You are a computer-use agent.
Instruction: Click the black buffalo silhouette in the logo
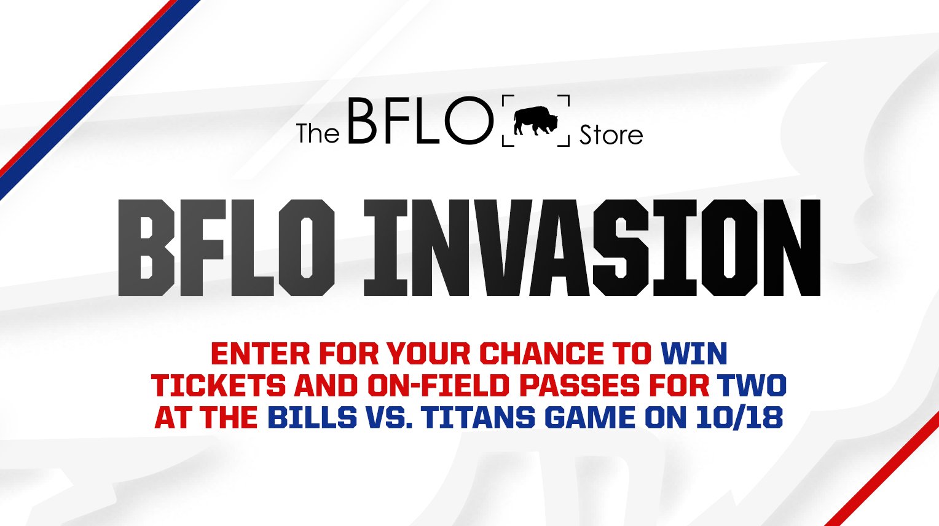536,120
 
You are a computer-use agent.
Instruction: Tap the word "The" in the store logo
318,133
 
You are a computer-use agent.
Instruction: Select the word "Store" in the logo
611,135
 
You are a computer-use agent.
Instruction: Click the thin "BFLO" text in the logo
420,120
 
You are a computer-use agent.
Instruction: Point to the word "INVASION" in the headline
592,248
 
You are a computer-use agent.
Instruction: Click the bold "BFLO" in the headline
226,248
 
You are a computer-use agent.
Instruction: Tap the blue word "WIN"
694,354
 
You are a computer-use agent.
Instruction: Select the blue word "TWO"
752,386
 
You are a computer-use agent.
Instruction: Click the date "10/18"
739,417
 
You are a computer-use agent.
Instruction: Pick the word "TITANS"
478,417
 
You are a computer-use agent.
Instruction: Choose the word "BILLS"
312,417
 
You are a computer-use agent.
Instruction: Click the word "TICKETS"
218,386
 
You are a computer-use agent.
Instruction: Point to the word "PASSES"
580,386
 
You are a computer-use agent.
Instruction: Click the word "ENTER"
261,354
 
